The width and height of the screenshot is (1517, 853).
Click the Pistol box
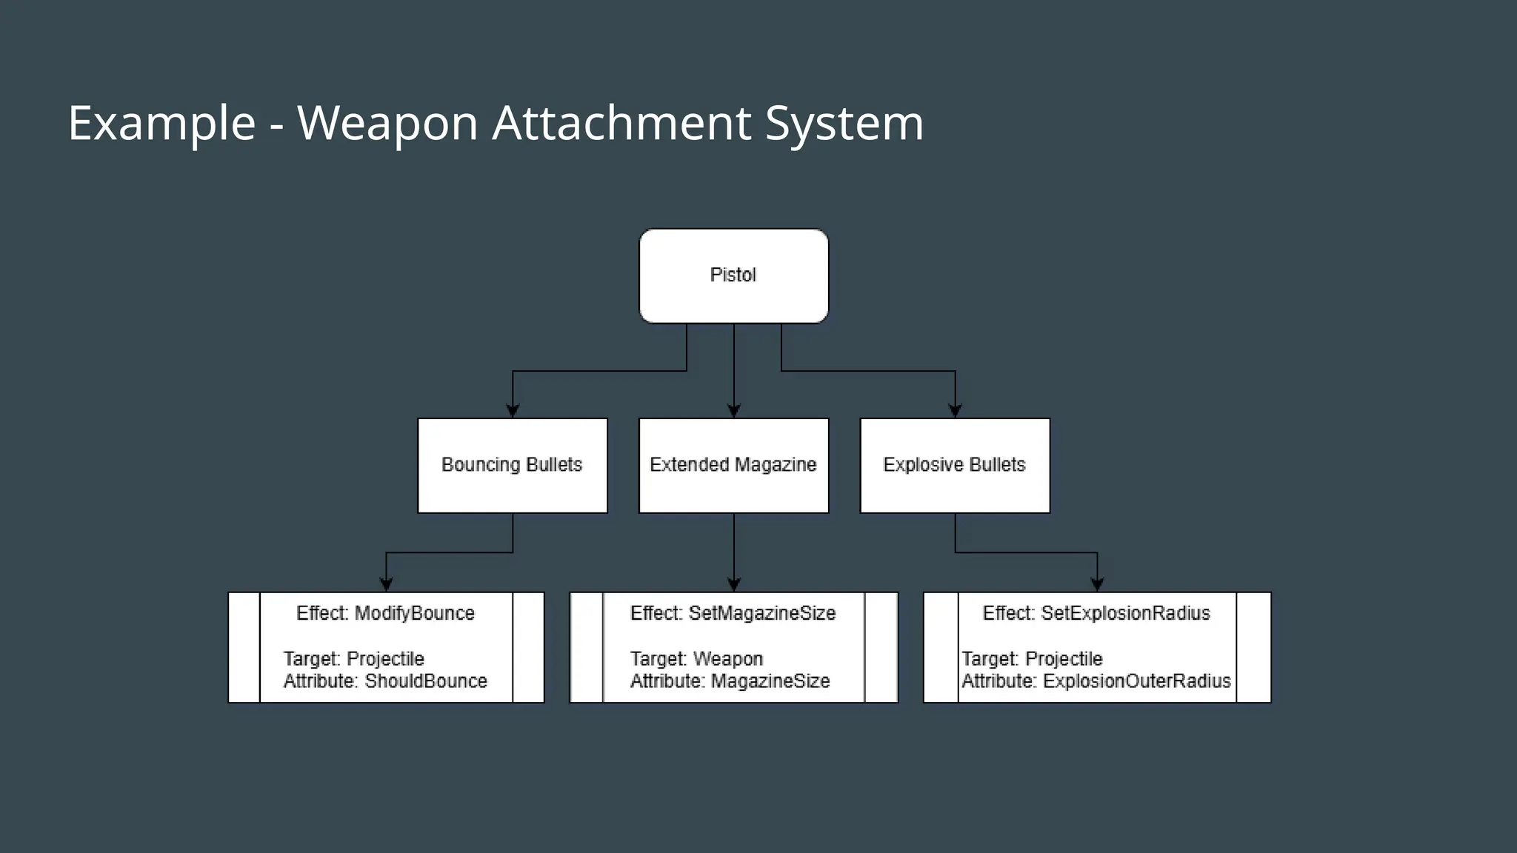[733, 275]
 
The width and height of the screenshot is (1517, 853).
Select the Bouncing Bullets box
[512, 465]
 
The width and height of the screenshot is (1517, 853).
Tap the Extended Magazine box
[733, 465]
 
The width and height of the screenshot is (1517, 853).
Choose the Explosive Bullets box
[954, 465]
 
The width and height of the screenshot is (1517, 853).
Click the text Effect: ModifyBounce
[385, 613]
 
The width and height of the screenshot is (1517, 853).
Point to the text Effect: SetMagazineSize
[733, 613]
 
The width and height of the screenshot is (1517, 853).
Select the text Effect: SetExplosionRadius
[1096, 613]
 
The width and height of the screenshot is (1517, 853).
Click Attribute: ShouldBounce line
[385, 681]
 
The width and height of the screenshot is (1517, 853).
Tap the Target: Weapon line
[696, 659]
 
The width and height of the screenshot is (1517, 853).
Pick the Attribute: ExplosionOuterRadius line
[1096, 681]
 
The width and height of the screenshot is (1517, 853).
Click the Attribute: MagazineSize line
[730, 681]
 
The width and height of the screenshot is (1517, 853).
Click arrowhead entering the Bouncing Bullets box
[513, 411]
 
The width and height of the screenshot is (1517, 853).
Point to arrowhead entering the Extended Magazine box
[734, 411]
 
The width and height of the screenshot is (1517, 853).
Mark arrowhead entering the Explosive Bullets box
[955, 411]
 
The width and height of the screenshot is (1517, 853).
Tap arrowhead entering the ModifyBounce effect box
[386, 584]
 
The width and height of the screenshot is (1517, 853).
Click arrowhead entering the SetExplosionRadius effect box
[1097, 584]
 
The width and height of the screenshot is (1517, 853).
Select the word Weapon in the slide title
[387, 124]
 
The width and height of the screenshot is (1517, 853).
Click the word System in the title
[844, 124]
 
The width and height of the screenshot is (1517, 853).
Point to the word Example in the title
[161, 124]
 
